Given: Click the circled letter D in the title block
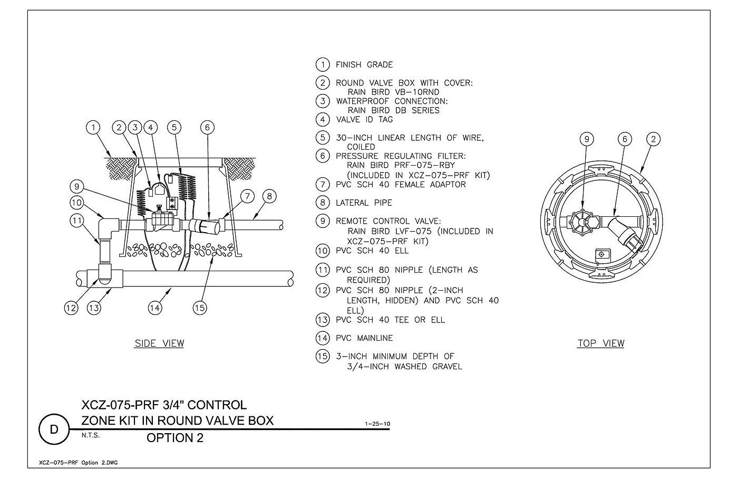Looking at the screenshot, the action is (54, 429).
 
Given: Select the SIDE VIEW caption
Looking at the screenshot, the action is (159, 343).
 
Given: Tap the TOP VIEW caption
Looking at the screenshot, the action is (601, 343).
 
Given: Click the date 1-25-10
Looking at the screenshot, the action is (377, 424).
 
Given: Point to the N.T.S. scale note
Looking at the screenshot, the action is (91, 435).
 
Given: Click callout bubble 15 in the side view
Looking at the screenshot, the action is (200, 308).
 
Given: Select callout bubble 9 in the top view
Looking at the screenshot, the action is (587, 139).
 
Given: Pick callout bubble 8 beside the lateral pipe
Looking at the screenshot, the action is (269, 196).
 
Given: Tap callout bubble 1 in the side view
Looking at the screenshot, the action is (93, 127).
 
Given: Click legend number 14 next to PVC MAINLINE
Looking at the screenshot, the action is (323, 338).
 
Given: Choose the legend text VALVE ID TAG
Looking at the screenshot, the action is (364, 120).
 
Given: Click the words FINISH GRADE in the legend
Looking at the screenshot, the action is (364, 64).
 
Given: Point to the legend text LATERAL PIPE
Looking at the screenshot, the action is (364, 203).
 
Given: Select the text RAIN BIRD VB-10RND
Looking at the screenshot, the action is (393, 92).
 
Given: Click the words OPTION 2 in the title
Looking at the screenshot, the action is (175, 438).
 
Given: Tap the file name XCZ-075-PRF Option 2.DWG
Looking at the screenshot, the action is (79, 463).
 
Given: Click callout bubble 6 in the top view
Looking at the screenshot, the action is (625, 139).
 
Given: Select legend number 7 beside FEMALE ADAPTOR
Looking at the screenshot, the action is (323, 184).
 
